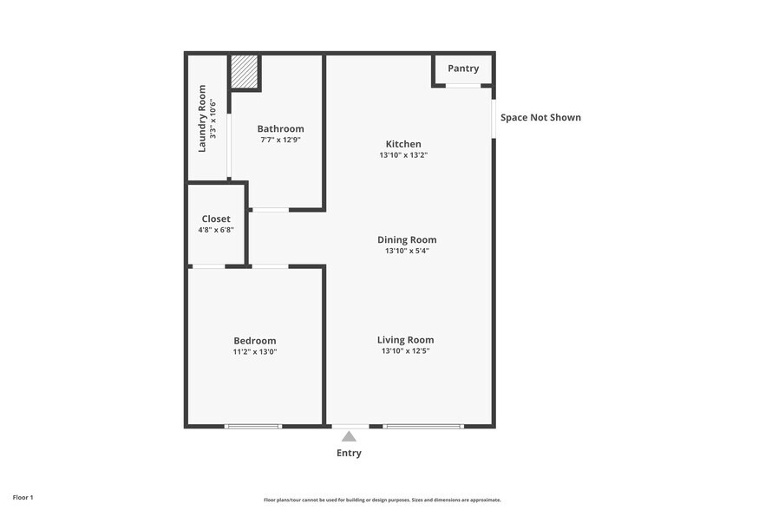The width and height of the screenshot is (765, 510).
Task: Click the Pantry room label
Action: point(463,69)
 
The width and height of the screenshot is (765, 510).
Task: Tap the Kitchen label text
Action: point(403,144)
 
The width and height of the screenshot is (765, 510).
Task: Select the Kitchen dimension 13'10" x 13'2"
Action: point(403,155)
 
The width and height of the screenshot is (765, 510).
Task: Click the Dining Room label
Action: point(407,239)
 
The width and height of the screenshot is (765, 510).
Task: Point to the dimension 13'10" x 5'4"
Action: point(407,251)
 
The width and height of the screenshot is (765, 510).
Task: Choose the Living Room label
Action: point(405,340)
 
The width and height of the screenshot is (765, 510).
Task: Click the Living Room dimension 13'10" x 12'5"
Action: point(405,351)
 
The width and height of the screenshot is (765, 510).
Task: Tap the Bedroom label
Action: point(255,341)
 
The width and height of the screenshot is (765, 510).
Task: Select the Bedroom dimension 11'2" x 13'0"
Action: point(255,352)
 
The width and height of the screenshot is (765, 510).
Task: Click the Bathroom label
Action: point(280,128)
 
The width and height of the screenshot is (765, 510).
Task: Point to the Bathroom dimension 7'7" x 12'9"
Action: point(280,140)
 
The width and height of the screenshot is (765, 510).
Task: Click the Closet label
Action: point(216,219)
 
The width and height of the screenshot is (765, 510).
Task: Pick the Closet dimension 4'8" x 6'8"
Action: point(216,230)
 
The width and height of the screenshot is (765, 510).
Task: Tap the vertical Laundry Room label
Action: point(202,118)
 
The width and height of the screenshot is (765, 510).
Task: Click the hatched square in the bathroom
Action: point(245,72)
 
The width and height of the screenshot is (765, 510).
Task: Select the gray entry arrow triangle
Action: point(349,436)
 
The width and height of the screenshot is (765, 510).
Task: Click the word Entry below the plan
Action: point(349,453)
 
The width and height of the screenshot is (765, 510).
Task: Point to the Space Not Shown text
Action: point(540,117)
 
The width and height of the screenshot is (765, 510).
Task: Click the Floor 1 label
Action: point(23,498)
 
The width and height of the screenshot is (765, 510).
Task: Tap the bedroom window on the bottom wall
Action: point(253,426)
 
